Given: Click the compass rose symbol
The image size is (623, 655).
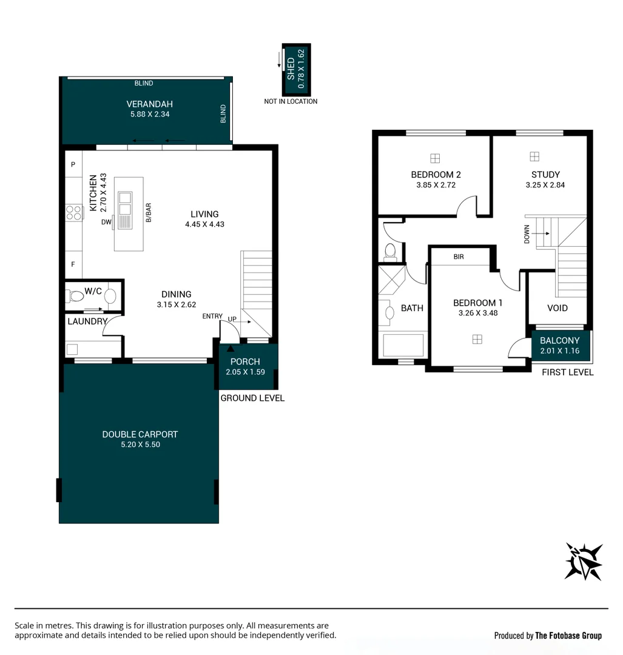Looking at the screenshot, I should (584, 562).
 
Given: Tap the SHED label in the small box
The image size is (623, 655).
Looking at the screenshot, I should (291, 69).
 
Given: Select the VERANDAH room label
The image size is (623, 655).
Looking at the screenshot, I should (150, 104).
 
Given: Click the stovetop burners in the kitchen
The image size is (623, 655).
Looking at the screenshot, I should (74, 213).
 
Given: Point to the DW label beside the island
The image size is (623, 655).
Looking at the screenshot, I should (107, 223).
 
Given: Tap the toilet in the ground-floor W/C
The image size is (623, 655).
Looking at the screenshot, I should (76, 297).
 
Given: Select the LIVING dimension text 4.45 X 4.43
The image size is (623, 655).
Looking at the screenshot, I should (204, 224).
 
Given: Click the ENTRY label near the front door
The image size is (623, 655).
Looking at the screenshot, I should (212, 317).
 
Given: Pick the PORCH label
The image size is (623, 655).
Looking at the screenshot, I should (245, 361).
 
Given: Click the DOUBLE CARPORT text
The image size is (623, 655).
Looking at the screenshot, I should (140, 434).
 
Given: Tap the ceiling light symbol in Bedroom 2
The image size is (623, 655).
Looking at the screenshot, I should (434, 158).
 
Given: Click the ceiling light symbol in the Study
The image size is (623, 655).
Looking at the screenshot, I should (534, 157).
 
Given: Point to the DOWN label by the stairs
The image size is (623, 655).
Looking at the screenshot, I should (527, 234).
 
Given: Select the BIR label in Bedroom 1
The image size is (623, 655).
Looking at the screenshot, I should (459, 257).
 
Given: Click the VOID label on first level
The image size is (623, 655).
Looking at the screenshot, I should (557, 308).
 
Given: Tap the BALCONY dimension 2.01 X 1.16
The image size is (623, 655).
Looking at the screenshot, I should (560, 351).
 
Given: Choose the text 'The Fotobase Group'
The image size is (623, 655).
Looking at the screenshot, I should (568, 636).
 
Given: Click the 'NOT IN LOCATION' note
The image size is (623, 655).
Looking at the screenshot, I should (291, 101).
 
